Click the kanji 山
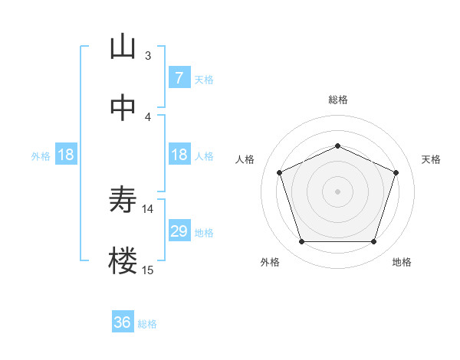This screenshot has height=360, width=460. tap(123, 47)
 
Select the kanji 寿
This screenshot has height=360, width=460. tap(123, 201)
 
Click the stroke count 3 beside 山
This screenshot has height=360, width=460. tap(148, 55)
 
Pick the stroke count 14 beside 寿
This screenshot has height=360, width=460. tap(148, 208)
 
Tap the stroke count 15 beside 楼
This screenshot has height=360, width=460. tap(148, 270)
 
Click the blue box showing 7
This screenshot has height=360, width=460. tap(179, 77)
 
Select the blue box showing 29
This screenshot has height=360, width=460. tap(179, 231)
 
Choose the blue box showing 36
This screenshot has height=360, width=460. tap(123, 322)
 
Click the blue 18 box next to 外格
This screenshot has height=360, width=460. tap(66, 155)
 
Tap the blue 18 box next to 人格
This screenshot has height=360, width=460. tap(179, 155)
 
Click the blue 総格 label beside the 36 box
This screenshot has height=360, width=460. tap(147, 324)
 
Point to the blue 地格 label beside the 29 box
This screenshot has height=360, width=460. tap(204, 233)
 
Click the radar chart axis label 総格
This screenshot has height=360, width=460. tap(337, 100)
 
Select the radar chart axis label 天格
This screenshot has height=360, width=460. tap(431, 159)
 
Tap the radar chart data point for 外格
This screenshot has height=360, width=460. tap(301, 242)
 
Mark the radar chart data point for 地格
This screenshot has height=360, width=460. tap(373, 242)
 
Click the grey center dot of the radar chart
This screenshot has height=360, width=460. tap(337, 191)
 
